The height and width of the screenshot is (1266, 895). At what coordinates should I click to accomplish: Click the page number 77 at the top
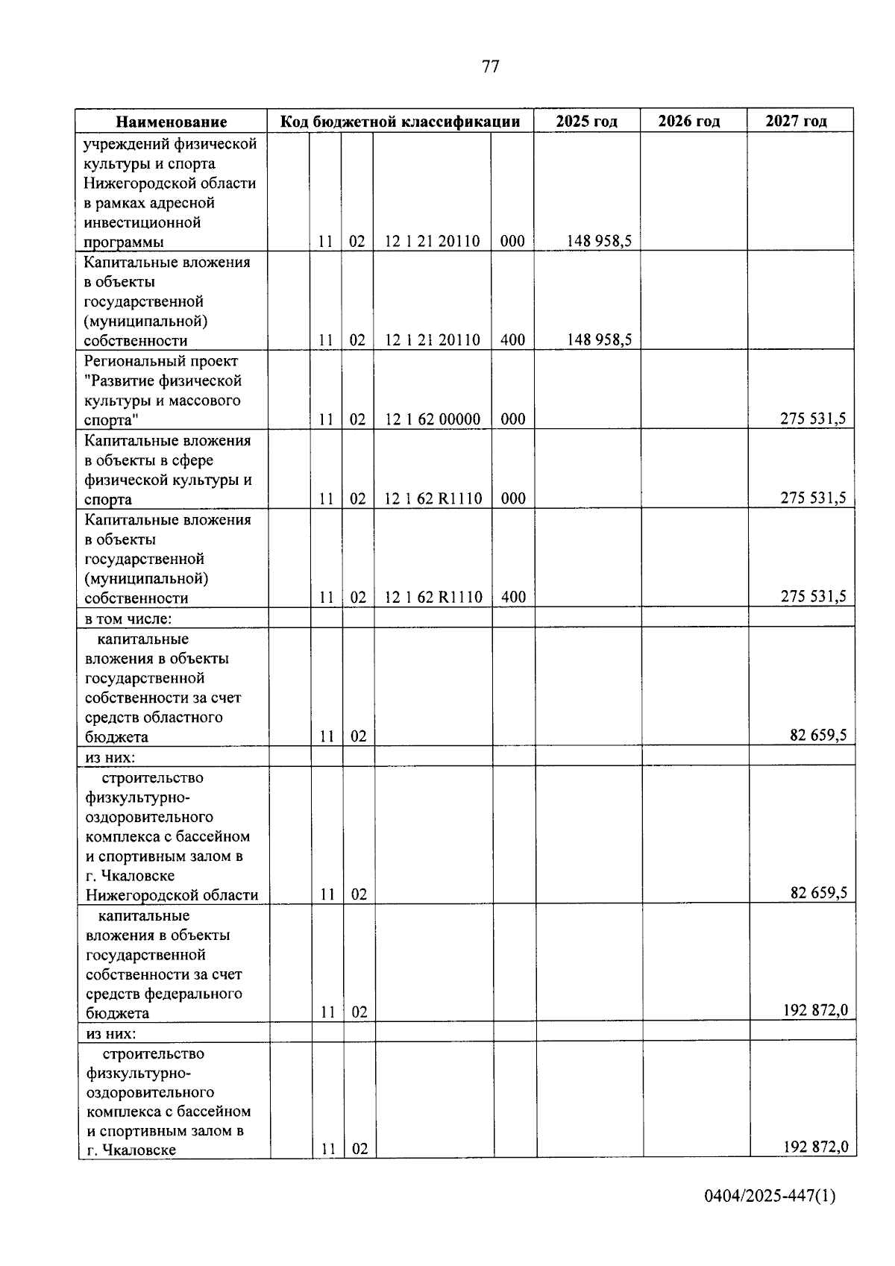(x=490, y=67)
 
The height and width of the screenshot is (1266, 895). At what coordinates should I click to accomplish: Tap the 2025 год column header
(x=586, y=122)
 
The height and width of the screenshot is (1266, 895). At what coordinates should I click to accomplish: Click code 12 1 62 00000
(x=433, y=419)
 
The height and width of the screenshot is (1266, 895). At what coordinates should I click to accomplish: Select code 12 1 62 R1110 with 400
(x=433, y=598)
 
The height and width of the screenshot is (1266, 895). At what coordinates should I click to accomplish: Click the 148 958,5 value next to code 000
(x=599, y=241)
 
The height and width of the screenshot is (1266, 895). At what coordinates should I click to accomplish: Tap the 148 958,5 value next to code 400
(x=599, y=340)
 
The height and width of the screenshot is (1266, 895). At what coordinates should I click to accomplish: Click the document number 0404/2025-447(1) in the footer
(x=770, y=1197)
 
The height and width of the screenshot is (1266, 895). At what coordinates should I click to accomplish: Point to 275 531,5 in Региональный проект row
(x=813, y=419)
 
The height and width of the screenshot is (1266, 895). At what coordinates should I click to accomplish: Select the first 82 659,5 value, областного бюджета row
(x=818, y=736)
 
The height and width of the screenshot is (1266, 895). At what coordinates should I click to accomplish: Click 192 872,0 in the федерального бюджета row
(x=814, y=1011)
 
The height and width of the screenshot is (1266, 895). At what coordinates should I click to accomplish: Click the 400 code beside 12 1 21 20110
(x=512, y=340)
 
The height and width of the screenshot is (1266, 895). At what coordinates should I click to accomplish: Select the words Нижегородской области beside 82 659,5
(x=172, y=895)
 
